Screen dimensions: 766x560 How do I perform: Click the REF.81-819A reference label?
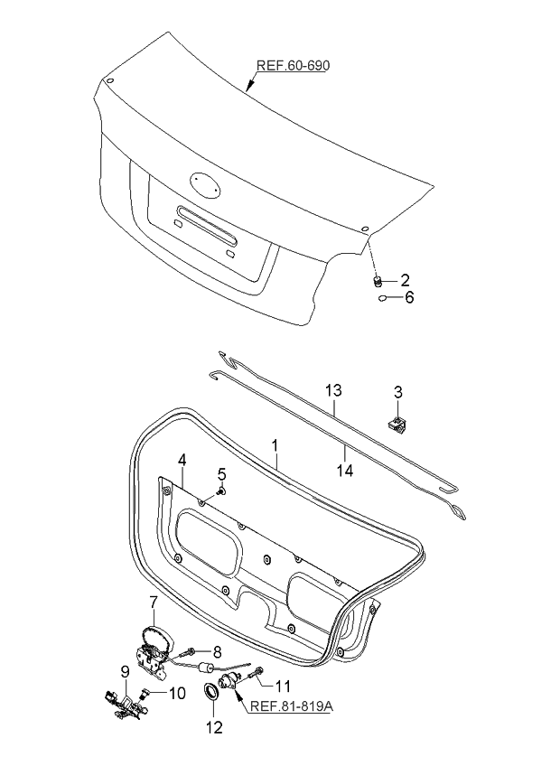point(291,706)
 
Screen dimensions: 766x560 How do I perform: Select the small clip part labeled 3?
point(396,421)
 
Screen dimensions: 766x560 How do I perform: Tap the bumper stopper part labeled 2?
point(379,279)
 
